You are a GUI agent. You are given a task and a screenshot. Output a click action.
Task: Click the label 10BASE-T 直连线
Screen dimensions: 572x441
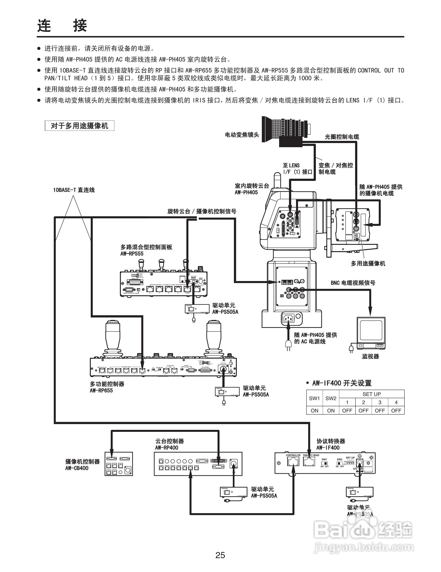pyautogui.click(x=74, y=190)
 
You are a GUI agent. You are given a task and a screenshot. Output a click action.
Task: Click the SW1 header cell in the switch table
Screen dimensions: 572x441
pyautogui.click(x=314, y=398)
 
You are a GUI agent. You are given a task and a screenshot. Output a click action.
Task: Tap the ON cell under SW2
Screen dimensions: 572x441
pyautogui.click(x=331, y=410)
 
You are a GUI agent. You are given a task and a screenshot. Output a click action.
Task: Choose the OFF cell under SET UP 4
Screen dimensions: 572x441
pyautogui.click(x=396, y=410)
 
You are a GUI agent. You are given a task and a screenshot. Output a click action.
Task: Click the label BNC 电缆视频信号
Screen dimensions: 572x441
pyautogui.click(x=353, y=283)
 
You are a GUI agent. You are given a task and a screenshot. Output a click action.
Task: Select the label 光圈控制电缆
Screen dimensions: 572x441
pyautogui.click(x=342, y=137)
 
